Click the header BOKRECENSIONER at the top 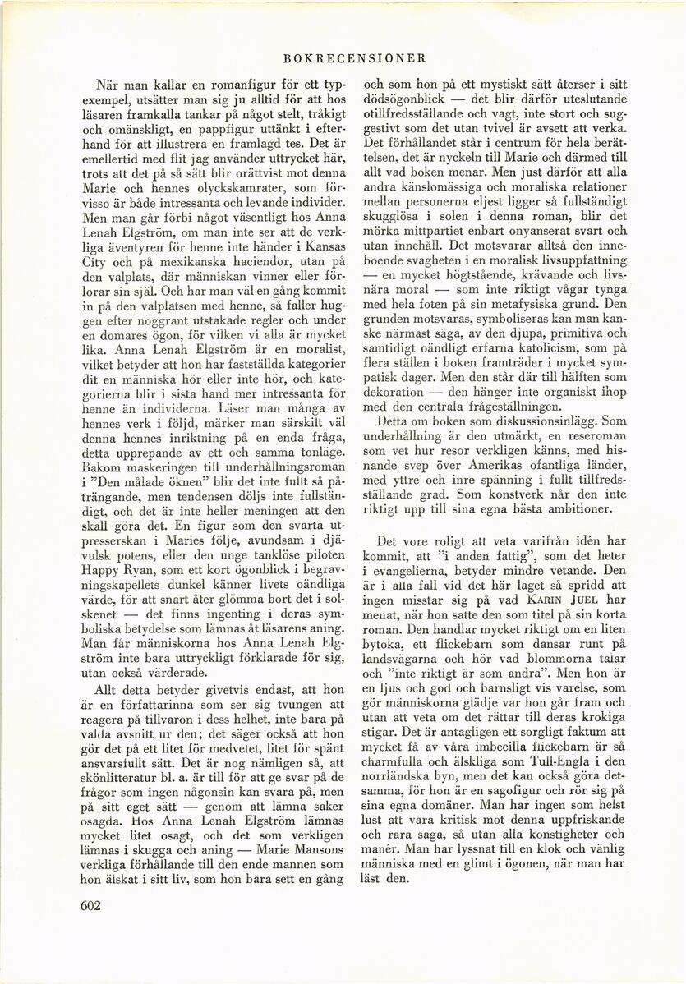(x=352, y=59)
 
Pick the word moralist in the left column (x=306, y=366)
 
